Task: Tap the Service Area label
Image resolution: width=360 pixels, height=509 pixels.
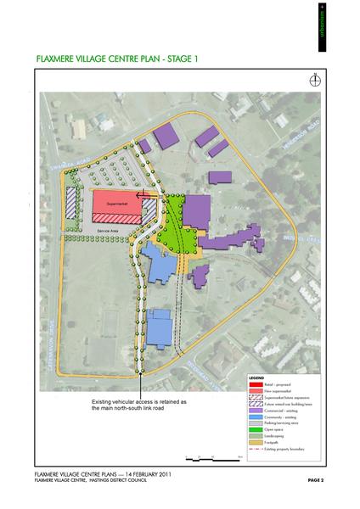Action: [x=109, y=230]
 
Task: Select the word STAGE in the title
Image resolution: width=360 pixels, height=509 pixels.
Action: [x=177, y=60]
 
